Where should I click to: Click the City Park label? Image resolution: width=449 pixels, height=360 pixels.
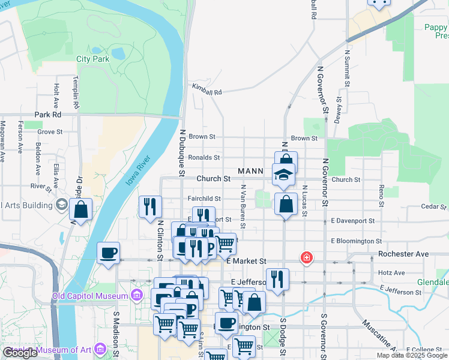click(93, 59)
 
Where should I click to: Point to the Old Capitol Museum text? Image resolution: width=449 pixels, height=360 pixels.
click(90, 296)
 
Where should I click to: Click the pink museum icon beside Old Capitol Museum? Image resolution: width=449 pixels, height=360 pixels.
click(136, 296)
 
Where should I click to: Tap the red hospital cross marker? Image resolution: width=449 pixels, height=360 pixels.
click(307, 258)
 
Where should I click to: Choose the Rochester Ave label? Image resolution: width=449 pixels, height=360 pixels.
click(403, 254)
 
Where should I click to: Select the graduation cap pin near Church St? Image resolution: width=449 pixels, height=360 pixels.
click(285, 175)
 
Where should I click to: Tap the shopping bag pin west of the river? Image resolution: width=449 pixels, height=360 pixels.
click(81, 211)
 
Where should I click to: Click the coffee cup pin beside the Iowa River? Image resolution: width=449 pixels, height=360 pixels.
click(108, 253)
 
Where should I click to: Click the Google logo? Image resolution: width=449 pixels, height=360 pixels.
click(20, 353)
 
